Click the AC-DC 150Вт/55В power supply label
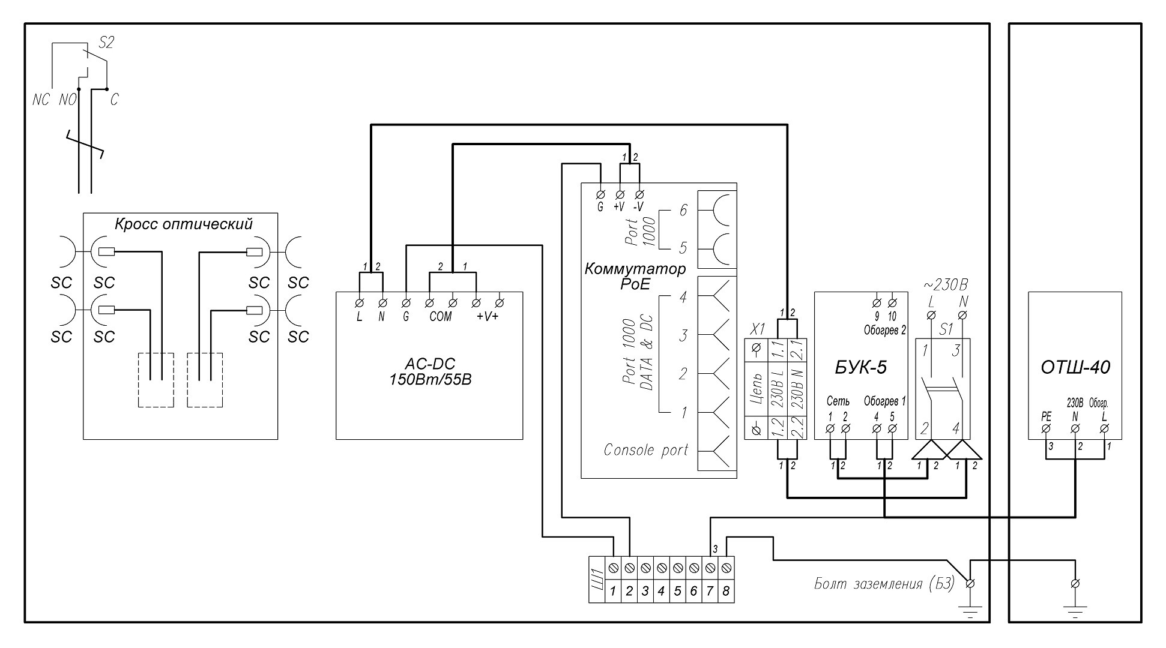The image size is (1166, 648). tap(429, 371)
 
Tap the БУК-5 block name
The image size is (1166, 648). tap(860, 367)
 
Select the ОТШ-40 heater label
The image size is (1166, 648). tap(1075, 367)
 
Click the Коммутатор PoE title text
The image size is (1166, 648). tap(635, 276)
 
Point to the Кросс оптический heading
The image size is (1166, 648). tap(183, 224)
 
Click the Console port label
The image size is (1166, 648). tap(645, 450)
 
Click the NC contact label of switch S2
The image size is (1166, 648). tap(41, 100)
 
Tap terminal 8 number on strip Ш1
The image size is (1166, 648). tap(725, 592)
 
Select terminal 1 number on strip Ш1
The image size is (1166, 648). tap(613, 592)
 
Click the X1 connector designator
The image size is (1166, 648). tap(758, 329)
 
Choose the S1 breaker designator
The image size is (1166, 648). tap(946, 329)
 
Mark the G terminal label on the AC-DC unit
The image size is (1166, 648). tap(406, 317)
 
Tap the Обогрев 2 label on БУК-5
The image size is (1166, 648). tap(884, 330)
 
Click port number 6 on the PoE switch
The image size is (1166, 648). tap(682, 211)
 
